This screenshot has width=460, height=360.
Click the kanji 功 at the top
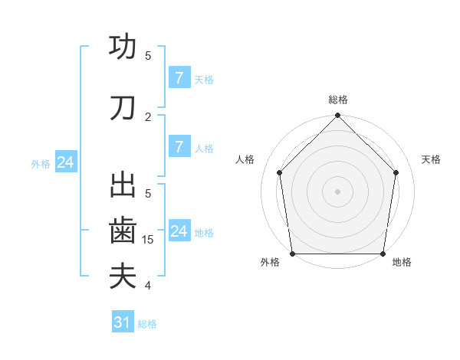click(123, 47)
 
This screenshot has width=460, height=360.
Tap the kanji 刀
click(123, 108)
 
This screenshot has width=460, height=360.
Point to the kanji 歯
click(123, 230)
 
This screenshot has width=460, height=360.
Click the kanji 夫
click(123, 276)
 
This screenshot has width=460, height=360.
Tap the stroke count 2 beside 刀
click(149, 116)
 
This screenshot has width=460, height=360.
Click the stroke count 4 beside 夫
click(149, 286)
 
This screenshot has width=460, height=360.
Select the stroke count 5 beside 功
click(149, 55)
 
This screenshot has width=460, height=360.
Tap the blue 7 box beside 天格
click(179, 77)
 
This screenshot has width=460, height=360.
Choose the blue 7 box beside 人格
click(179, 146)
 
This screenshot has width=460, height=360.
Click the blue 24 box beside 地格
click(179, 231)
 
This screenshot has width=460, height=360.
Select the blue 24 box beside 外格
click(66, 162)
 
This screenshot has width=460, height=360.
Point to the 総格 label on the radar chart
click(338, 100)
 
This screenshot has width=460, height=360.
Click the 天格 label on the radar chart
click(431, 159)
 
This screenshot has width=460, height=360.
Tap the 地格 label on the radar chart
click(402, 262)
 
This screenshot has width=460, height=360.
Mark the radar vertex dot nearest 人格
click(280, 172)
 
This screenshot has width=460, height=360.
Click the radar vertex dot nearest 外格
click(292, 254)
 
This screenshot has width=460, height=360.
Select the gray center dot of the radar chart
click(338, 191)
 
